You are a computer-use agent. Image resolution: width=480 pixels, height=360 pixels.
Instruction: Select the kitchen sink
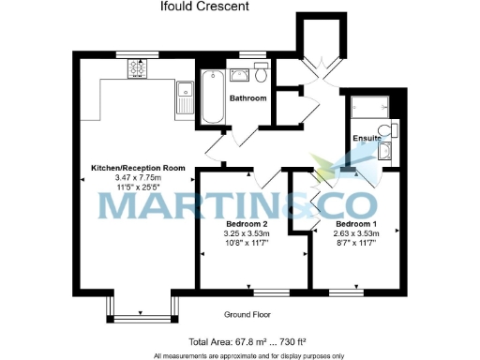click(183, 94)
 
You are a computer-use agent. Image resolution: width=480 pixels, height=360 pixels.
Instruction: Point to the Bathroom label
click(248, 97)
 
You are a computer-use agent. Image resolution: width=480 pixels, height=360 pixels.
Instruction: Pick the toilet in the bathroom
click(261, 73)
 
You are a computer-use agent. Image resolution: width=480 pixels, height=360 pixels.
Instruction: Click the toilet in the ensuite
click(384, 131)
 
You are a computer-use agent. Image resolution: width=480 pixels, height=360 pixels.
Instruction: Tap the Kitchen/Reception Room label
click(138, 168)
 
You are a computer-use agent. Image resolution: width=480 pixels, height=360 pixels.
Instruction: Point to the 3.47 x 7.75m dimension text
click(138, 177)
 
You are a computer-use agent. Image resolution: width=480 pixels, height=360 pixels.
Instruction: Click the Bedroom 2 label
click(247, 224)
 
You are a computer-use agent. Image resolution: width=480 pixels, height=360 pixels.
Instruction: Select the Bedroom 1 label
click(356, 224)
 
